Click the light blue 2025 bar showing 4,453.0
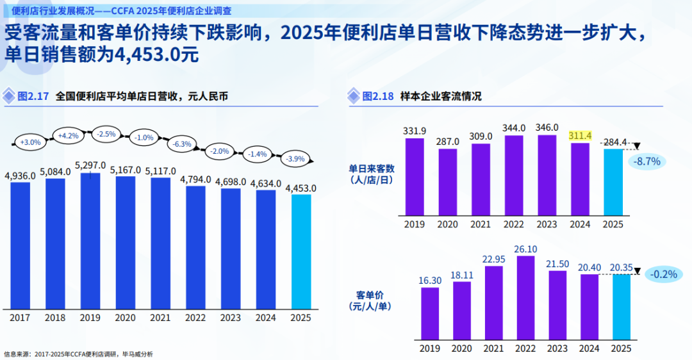click(x=301, y=252)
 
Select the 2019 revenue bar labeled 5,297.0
click(x=90, y=241)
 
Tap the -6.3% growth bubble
click(x=182, y=144)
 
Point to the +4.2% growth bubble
click(x=68, y=136)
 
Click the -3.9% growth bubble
click(x=295, y=159)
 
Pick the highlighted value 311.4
click(x=580, y=135)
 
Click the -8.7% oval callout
click(x=647, y=161)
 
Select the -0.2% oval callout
click(x=664, y=274)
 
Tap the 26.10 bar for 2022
click(x=525, y=298)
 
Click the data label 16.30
click(x=430, y=281)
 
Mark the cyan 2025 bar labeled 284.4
click(x=613, y=182)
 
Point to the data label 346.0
click(x=547, y=127)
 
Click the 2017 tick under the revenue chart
click(x=20, y=318)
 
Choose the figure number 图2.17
click(x=33, y=96)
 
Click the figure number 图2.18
click(x=378, y=96)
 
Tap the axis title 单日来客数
click(x=372, y=168)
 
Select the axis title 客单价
click(x=370, y=295)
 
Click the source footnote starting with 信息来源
click(x=79, y=354)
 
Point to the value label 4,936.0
click(x=21, y=176)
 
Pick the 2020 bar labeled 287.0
click(x=447, y=182)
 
